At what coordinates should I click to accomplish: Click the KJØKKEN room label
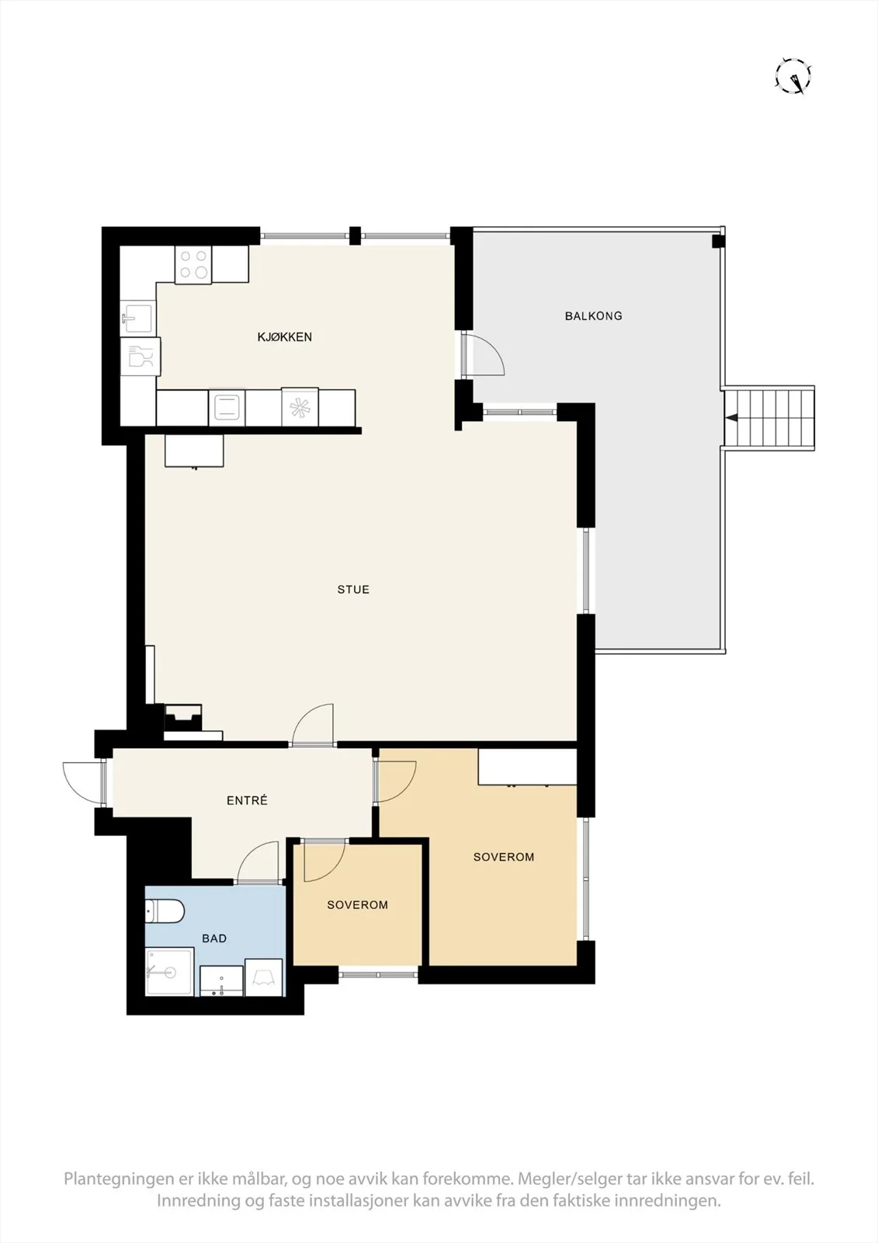(x=285, y=337)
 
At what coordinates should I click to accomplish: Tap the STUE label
(x=353, y=590)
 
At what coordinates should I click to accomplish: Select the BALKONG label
(x=593, y=315)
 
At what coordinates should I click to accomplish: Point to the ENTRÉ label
(x=247, y=799)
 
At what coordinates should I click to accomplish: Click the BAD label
(x=214, y=938)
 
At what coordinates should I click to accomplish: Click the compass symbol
(x=793, y=75)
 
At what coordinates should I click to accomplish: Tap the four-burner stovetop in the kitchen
(x=193, y=265)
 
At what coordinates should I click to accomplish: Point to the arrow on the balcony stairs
(x=732, y=417)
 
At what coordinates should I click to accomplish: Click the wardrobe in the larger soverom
(x=527, y=767)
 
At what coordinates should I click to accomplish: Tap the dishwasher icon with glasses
(x=141, y=357)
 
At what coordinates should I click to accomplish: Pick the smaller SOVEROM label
(x=357, y=904)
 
